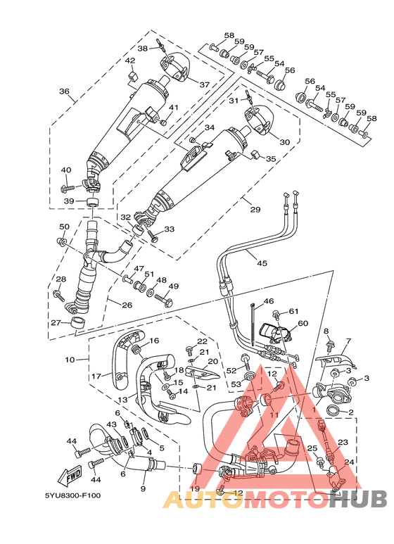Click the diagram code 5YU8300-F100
pyautogui.click(x=73, y=495)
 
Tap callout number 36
pyautogui.click(x=64, y=91)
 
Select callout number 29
pyautogui.click(x=255, y=210)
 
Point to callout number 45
pyautogui.click(x=262, y=263)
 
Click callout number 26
pyautogui.click(x=127, y=305)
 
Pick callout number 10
pyautogui.click(x=70, y=360)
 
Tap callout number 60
pyautogui.click(x=303, y=323)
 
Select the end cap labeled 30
pyautogui.click(x=259, y=120)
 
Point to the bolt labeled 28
pyautogui.click(x=58, y=296)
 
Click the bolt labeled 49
pyautogui.click(x=163, y=300)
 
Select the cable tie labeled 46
pyautogui.click(x=253, y=325)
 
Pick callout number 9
pyautogui.click(x=143, y=489)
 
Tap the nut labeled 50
pyautogui.click(x=61, y=241)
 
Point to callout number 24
pyautogui.click(x=349, y=462)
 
